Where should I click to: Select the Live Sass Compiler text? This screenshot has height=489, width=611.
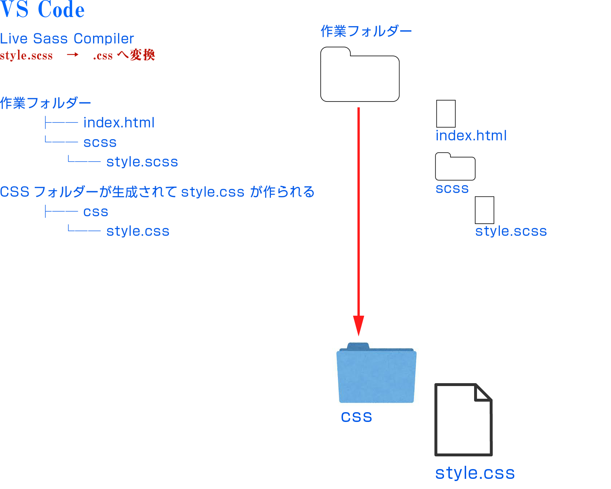67,38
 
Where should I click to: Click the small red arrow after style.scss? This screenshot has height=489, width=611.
72,55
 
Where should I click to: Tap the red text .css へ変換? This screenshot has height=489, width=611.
124,55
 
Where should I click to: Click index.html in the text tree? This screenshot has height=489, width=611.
119,123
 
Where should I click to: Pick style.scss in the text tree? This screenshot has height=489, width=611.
142,162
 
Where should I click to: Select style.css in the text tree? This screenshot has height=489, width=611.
138,231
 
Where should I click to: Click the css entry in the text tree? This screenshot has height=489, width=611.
96,212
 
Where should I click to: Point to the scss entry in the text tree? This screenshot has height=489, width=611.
100,142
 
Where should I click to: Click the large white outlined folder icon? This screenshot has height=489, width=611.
360,74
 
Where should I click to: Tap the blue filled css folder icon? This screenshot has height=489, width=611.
376,373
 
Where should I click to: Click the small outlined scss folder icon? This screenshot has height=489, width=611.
455,166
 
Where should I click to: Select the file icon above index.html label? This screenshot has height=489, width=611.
446,113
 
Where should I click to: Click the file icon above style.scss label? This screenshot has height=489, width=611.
485,210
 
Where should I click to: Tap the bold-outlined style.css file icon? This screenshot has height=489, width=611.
464,419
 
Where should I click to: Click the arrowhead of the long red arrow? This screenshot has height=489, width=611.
359,326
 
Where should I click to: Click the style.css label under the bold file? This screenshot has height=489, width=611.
475,473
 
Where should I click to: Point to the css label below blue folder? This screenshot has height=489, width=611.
356,417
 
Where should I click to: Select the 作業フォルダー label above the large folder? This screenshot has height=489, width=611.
366,31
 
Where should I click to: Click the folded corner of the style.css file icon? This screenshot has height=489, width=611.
483,393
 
